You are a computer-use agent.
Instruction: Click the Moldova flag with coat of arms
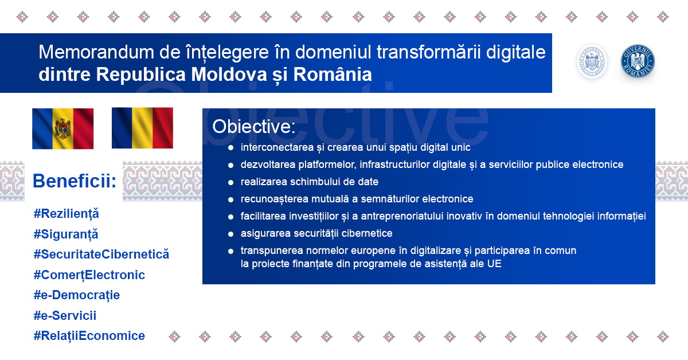(x=62, y=128)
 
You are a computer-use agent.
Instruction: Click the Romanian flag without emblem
(x=142, y=128)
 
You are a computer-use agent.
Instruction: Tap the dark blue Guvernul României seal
(x=638, y=61)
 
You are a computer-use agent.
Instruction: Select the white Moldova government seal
(x=592, y=61)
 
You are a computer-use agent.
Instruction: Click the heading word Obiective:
(x=253, y=126)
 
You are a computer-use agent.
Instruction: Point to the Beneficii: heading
(x=75, y=181)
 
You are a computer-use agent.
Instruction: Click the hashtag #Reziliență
(x=66, y=214)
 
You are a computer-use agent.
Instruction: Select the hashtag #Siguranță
(x=66, y=234)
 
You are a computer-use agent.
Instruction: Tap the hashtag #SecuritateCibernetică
(x=101, y=255)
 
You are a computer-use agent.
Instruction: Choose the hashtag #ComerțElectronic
(x=89, y=275)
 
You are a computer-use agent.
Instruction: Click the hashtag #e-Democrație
(x=76, y=295)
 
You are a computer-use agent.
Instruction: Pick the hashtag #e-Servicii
(x=65, y=315)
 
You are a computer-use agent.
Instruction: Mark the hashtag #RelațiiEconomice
(x=89, y=336)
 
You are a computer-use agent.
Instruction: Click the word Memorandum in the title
(x=96, y=52)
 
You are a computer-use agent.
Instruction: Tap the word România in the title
(x=333, y=74)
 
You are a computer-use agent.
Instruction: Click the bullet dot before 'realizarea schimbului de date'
(x=230, y=182)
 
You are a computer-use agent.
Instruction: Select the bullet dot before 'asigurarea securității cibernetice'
(x=230, y=234)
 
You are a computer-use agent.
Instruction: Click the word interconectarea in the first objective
(x=277, y=147)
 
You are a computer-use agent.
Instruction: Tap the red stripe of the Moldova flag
(x=83, y=129)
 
